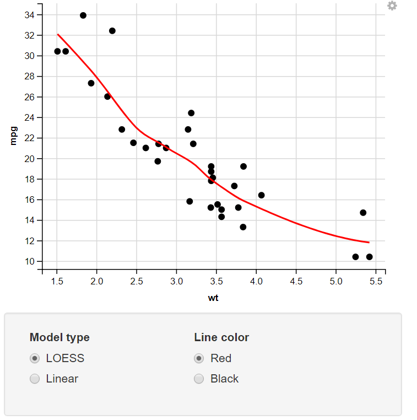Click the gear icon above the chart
coord(392,6)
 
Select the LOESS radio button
coord(35,359)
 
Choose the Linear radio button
coord(35,379)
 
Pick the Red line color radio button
coord(199,359)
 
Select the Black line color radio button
coord(199,379)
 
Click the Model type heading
coord(59,337)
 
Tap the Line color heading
coord(221,337)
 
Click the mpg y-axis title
coord(14,136)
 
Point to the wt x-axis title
coord(214,298)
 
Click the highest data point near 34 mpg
coord(83,15)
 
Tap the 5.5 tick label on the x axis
coord(376,282)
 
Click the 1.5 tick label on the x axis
coord(57,282)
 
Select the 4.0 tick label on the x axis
coord(256,282)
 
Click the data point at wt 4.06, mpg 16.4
coord(261,195)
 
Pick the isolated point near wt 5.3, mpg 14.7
coord(363,213)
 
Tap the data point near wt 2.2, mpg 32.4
coord(112,31)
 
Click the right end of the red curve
coord(369,242)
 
